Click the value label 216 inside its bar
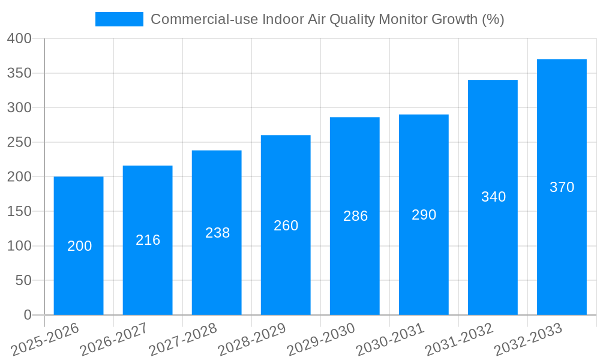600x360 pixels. pyautogui.click(x=148, y=240)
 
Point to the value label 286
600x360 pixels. pyautogui.click(x=355, y=216)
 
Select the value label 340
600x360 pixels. pyautogui.click(x=493, y=197)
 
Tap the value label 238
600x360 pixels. pyautogui.click(x=217, y=233)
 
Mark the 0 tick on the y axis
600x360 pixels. pyautogui.click(x=27, y=315)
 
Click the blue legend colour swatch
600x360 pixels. pyautogui.click(x=119, y=19)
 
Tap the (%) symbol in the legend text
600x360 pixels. pyautogui.click(x=493, y=19)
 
